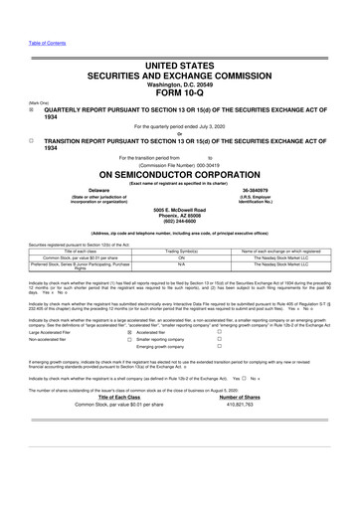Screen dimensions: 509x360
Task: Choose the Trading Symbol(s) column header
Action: pyautogui.click(x=181, y=252)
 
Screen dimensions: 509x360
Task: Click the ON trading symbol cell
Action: pyautogui.click(x=181, y=258)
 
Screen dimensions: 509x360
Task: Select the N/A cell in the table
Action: pyautogui.click(x=181, y=265)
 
